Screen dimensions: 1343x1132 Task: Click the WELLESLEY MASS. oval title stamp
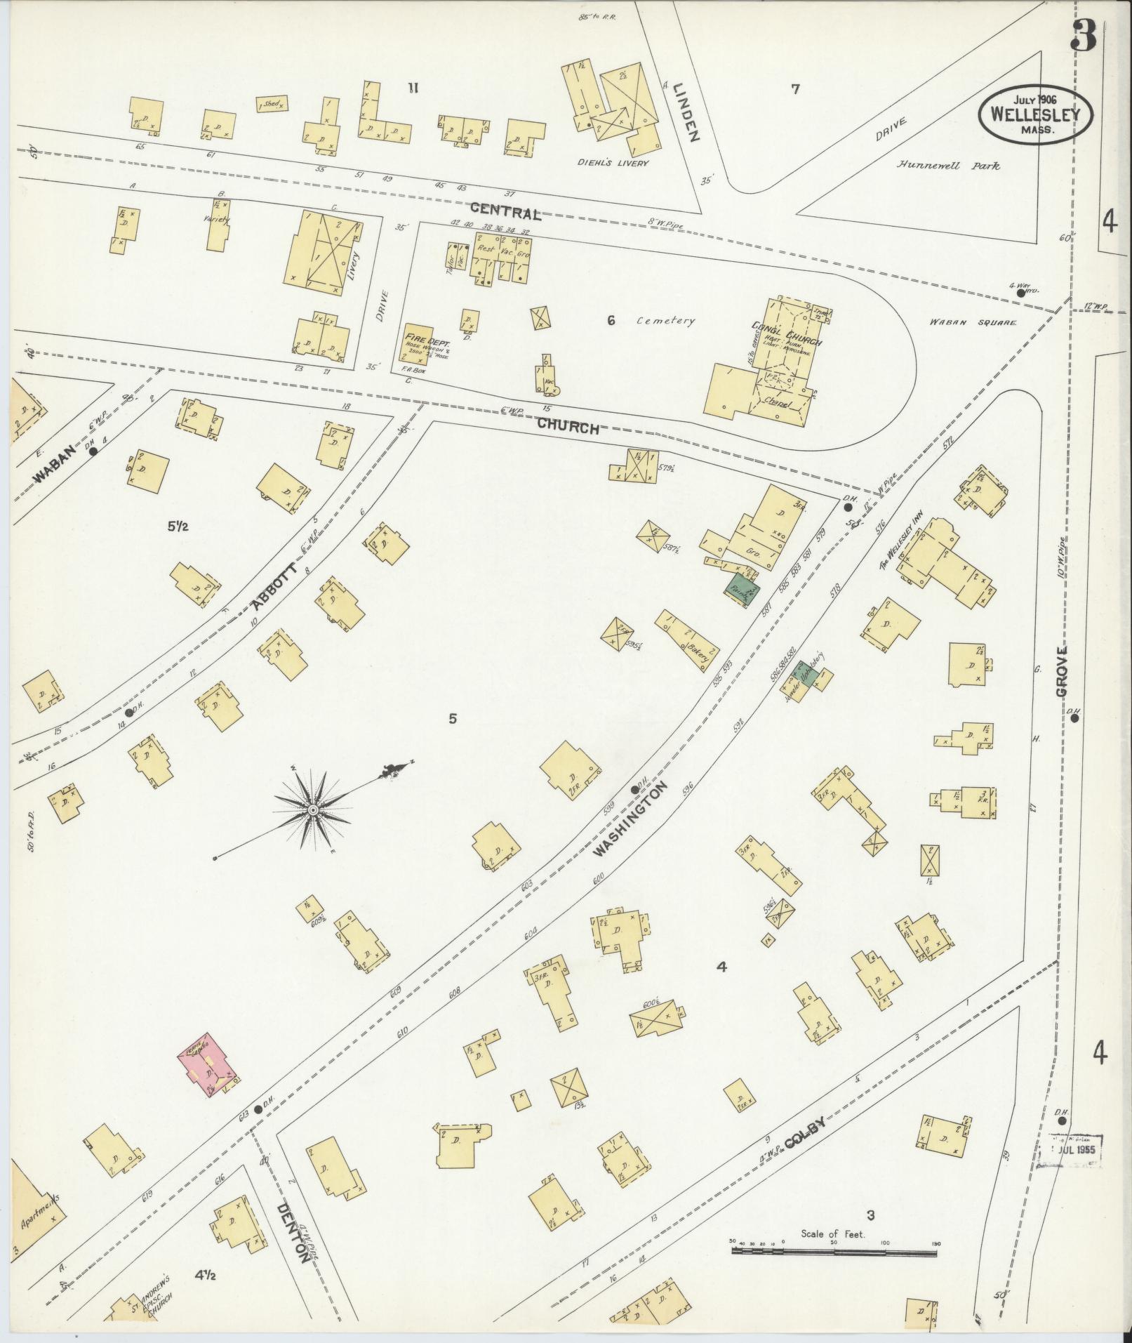1036,114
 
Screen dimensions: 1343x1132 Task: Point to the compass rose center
313,810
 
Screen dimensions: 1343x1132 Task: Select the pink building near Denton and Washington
209,1069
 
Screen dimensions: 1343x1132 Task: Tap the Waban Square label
973,323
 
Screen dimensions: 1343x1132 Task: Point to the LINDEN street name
684,112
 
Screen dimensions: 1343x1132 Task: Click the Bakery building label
699,642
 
